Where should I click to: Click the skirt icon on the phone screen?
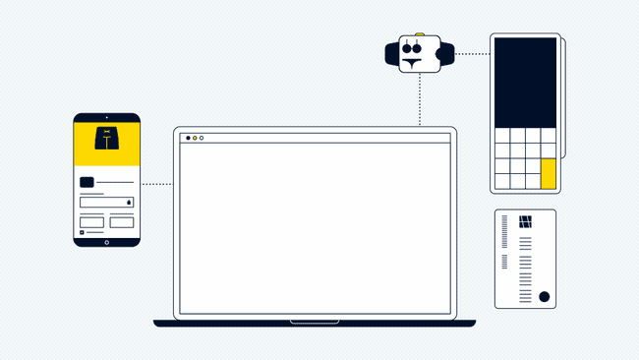click(106, 139)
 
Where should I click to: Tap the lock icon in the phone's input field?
click(129, 203)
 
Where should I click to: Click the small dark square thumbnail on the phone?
click(87, 182)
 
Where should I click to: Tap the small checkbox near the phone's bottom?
click(82, 233)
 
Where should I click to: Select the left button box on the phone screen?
click(91, 222)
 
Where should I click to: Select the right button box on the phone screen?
click(122, 222)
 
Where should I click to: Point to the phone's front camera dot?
click(106, 118)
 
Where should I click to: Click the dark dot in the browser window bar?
click(188, 138)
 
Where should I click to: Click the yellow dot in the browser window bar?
click(195, 138)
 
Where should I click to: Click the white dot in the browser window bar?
click(202, 138)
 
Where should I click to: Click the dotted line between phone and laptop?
click(156, 184)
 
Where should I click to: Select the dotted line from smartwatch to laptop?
click(420, 98)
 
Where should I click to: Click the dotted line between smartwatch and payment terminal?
click(473, 54)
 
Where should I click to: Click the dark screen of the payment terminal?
click(525, 82)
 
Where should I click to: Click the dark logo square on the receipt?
click(525, 221)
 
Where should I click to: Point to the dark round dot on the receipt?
click(544, 296)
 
